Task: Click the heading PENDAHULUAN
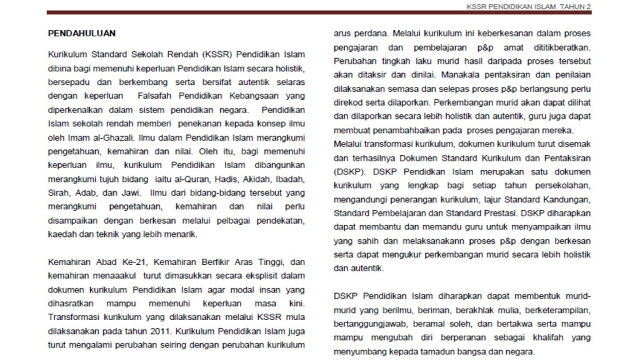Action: pyautogui.click(x=82, y=33)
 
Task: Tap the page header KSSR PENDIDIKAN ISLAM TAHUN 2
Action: pyautogui.click(x=528, y=6)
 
